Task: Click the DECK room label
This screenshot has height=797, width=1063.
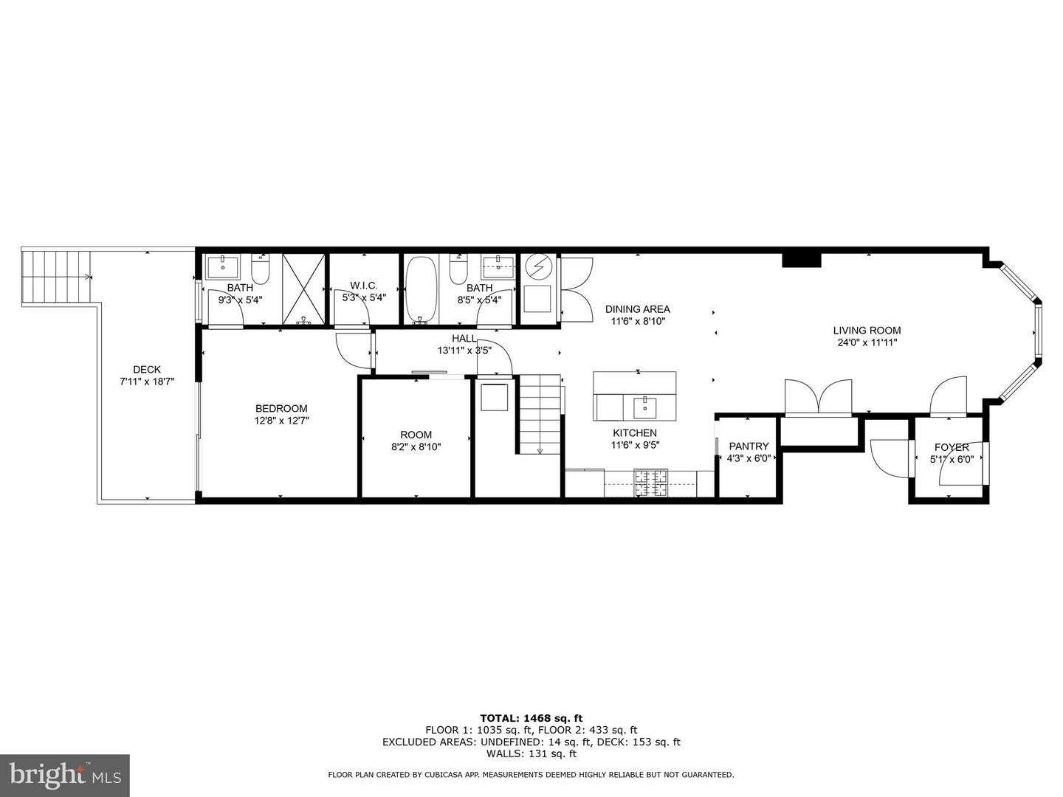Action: pyautogui.click(x=146, y=370)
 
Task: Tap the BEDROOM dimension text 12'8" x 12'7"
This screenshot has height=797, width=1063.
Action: pyautogui.click(x=281, y=421)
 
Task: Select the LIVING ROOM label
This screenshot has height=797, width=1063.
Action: pyautogui.click(x=867, y=331)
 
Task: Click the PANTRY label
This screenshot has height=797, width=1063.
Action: pyautogui.click(x=749, y=446)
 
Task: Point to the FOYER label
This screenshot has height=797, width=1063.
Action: pyautogui.click(x=952, y=447)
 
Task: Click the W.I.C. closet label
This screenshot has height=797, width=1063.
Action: pyautogui.click(x=364, y=286)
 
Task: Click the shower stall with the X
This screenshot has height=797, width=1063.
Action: pyautogui.click(x=303, y=289)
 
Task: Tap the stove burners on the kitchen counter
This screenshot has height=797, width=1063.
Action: pyautogui.click(x=651, y=483)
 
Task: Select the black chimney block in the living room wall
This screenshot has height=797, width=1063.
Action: pyautogui.click(x=802, y=260)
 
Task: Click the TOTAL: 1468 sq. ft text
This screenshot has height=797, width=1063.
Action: pyautogui.click(x=531, y=717)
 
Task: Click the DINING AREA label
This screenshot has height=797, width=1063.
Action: pyautogui.click(x=637, y=309)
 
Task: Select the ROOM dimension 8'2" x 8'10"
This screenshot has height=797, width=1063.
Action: pyautogui.click(x=416, y=446)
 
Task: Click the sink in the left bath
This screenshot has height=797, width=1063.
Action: pyautogui.click(x=222, y=266)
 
